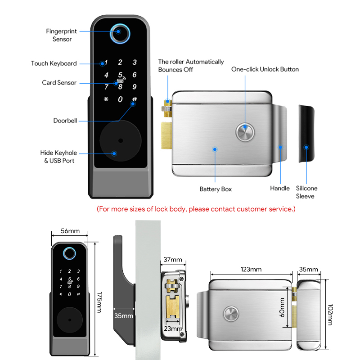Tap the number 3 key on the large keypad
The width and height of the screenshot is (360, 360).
[x=135, y=62]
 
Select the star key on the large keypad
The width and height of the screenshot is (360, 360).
[x=106, y=99]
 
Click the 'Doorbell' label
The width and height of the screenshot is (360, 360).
[x=65, y=121]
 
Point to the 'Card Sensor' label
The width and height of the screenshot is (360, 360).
[x=59, y=82]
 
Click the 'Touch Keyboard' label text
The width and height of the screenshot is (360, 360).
[x=54, y=63]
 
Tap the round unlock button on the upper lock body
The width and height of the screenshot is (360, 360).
[x=245, y=132]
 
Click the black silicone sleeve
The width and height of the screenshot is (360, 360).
[x=306, y=134]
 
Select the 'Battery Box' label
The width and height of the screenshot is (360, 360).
[x=216, y=189]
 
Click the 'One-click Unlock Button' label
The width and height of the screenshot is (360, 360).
[x=265, y=69]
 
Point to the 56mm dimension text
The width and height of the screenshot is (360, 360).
[x=70, y=231]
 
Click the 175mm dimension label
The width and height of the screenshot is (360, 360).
[x=99, y=302]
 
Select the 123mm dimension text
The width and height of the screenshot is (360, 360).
[x=251, y=269]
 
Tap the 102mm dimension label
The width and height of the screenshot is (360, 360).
[x=330, y=315]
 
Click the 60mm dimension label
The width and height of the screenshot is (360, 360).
[x=282, y=307]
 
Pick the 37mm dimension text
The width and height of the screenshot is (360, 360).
[x=173, y=260]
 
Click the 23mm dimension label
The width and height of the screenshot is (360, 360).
[x=173, y=329]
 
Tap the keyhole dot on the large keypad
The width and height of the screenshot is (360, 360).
[x=121, y=140]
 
